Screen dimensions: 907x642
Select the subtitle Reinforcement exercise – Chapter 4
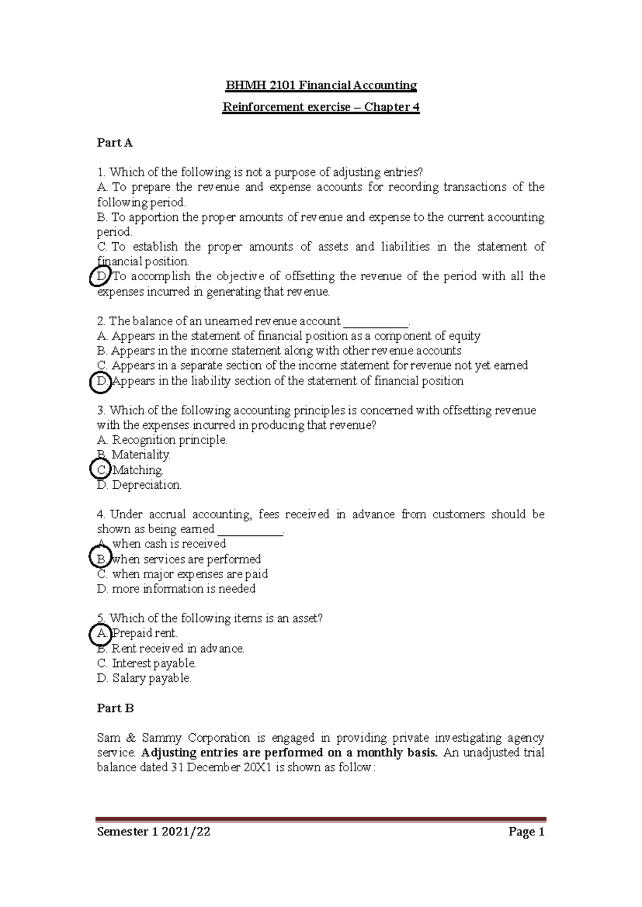(x=320, y=107)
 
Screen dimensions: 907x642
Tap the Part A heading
(x=114, y=143)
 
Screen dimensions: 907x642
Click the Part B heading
(x=115, y=708)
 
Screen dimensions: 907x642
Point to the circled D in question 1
(x=102, y=276)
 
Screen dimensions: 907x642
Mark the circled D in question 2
(x=101, y=381)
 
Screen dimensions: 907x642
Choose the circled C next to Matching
(x=101, y=470)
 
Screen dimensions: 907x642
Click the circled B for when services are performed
(x=101, y=559)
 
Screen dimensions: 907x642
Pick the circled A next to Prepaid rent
(x=101, y=634)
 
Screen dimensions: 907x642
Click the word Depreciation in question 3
(x=147, y=485)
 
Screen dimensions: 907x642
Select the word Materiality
(x=141, y=455)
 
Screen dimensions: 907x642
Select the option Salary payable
(x=151, y=679)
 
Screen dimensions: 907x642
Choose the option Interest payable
(x=154, y=664)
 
